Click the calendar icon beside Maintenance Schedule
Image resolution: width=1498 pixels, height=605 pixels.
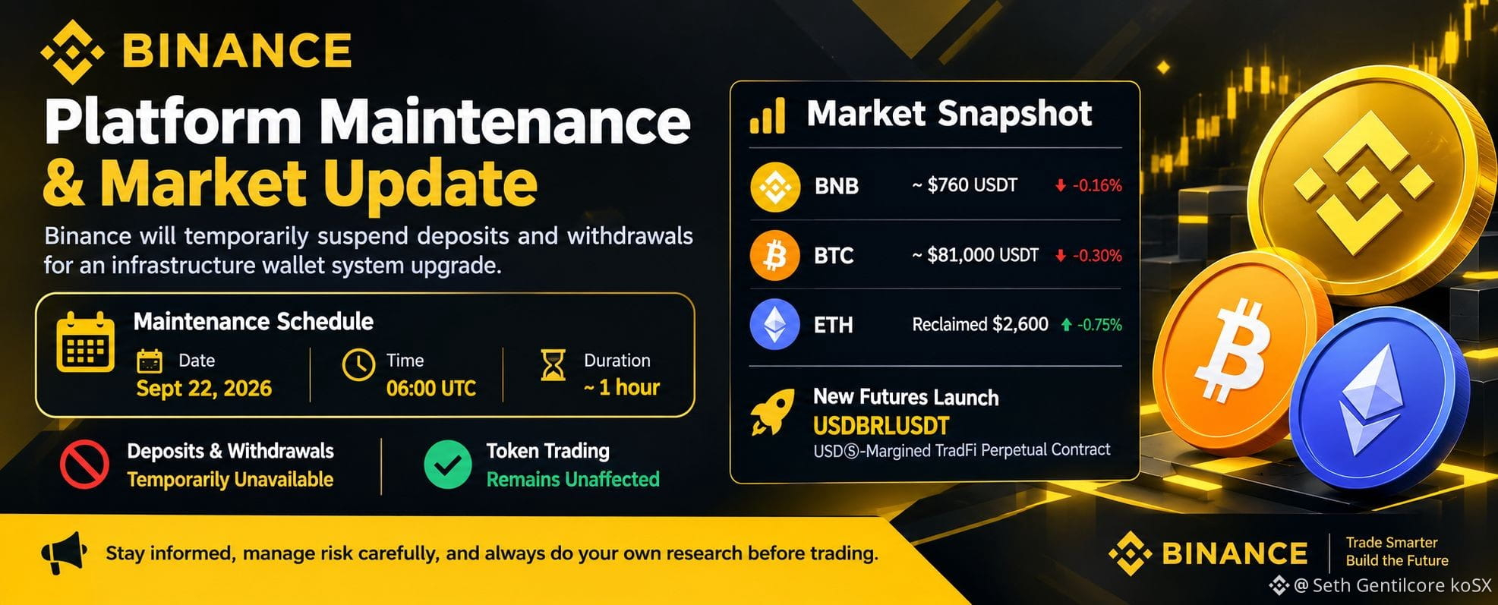click(x=86, y=342)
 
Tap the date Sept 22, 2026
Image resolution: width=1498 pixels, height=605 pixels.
click(x=203, y=389)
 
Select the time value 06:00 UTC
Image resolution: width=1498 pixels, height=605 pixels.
click(x=430, y=389)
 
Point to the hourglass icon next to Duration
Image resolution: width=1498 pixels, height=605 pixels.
click(x=553, y=364)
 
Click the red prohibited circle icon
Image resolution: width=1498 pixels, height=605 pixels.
click(x=84, y=464)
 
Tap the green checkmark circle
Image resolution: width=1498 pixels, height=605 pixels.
click(x=447, y=464)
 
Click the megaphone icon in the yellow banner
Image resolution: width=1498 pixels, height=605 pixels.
click(x=63, y=553)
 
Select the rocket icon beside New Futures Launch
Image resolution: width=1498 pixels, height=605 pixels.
click(x=772, y=412)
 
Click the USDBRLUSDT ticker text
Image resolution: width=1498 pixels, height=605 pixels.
click(x=881, y=426)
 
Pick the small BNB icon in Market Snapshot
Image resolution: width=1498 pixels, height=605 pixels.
click(x=774, y=186)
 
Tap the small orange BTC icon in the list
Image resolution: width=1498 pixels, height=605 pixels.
click(x=774, y=256)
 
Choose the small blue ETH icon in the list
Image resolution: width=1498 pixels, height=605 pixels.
click(x=774, y=324)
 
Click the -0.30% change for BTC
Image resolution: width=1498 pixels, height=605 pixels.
click(x=1097, y=256)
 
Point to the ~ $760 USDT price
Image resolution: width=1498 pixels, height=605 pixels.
click(x=964, y=185)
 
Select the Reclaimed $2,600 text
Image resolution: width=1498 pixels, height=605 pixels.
click(x=979, y=324)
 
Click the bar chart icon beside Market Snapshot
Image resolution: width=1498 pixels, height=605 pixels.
click(x=767, y=118)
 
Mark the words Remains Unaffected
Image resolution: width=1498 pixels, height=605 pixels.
click(x=572, y=480)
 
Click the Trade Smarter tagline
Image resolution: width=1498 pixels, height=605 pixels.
click(x=1391, y=543)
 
